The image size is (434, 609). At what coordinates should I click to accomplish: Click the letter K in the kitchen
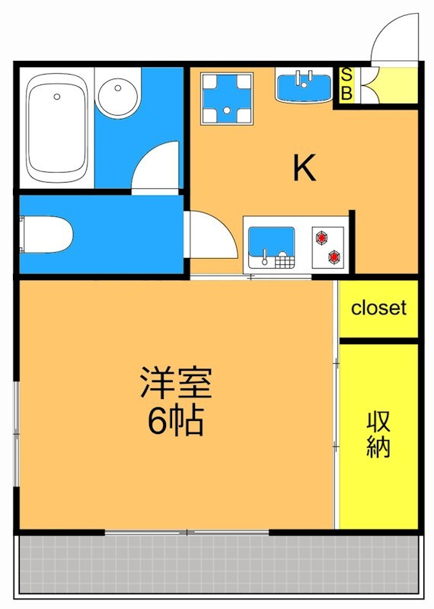pyautogui.click(x=305, y=168)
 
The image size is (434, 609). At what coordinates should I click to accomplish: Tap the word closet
pyautogui.click(x=378, y=308)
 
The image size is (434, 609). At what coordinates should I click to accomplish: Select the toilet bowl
pyautogui.click(x=47, y=234)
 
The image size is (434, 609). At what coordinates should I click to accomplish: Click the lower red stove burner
pyautogui.click(x=334, y=257)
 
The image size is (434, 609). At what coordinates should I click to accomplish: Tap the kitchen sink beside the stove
pyautogui.click(x=270, y=245)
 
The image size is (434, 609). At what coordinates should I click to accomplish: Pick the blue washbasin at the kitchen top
pyautogui.click(x=304, y=85)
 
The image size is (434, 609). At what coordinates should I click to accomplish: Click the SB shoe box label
pyautogui.click(x=346, y=84)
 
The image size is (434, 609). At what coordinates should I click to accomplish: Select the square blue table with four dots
pyautogui.click(x=227, y=98)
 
